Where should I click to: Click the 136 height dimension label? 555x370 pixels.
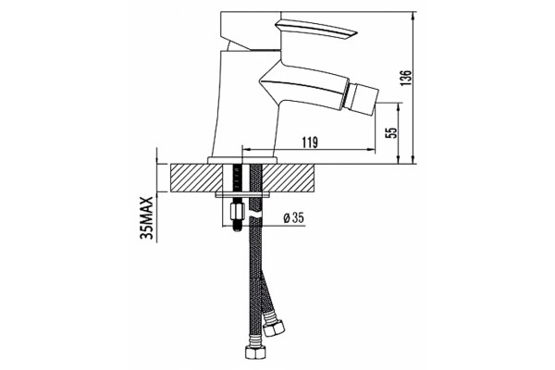[406, 78]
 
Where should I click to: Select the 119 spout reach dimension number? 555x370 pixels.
[310, 142]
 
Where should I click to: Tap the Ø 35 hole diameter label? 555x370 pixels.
[294, 217]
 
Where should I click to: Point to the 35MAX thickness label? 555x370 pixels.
[146, 218]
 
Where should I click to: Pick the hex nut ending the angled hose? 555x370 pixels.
[275, 327]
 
